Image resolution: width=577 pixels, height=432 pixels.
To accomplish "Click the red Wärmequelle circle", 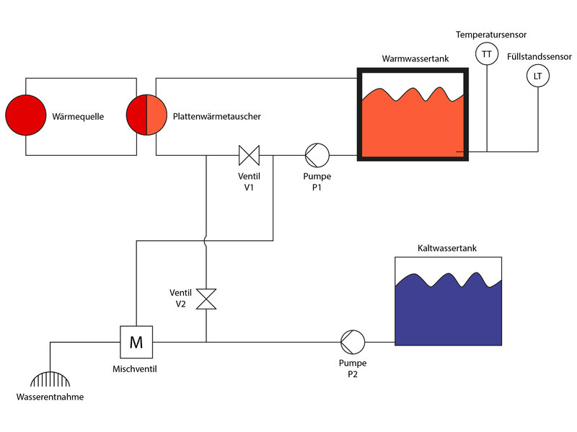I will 26,115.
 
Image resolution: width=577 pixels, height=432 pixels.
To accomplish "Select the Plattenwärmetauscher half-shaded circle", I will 146,115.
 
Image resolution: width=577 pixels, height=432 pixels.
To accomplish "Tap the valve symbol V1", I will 249,154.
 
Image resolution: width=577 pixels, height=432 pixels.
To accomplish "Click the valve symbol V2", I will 206,299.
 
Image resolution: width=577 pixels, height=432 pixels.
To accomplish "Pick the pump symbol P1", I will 317,154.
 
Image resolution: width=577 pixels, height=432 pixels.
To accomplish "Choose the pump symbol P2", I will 353,340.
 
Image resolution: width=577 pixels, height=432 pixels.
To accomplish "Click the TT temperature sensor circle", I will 487,54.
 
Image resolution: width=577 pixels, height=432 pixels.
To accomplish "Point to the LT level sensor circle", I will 537,76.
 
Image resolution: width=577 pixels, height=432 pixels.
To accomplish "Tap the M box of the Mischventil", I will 136,340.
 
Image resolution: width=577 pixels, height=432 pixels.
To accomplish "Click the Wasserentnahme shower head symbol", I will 50,380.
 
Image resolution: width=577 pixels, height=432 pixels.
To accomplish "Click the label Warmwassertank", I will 412,58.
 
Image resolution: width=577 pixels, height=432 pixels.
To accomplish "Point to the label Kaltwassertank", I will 447,248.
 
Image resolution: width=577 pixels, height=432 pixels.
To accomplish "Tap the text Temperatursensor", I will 491,34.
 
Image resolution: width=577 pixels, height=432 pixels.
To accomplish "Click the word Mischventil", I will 135,369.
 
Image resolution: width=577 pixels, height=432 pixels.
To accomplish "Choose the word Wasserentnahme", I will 50,397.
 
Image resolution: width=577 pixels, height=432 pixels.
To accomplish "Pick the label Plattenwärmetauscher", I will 217,115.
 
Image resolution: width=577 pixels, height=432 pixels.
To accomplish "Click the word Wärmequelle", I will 78,115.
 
